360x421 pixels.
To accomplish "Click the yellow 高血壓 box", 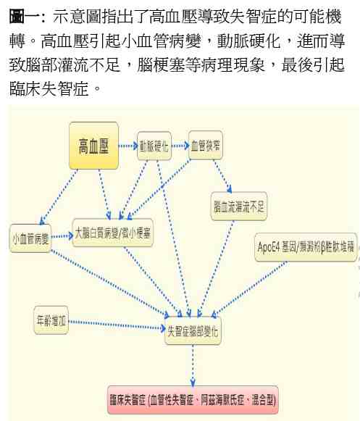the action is click(93, 146).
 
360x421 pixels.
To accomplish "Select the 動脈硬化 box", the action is click(154, 146).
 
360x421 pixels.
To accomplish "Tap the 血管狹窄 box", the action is click(206, 145).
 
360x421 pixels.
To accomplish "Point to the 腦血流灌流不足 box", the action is click(238, 207).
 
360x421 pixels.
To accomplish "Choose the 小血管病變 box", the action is click(30, 238).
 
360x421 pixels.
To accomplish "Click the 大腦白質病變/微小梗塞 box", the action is click(113, 233).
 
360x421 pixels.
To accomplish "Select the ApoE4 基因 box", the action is click(306, 247).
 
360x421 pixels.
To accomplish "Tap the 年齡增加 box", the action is click(51, 320).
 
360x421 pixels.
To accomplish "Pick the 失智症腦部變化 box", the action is click(193, 330).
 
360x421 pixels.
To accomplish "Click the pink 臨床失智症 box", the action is click(193, 400).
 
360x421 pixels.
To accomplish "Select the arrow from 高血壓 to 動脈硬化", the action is click(128, 146).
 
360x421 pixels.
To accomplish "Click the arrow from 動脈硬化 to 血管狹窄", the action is click(180, 146).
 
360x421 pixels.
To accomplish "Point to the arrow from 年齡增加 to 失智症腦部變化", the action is click(117, 325).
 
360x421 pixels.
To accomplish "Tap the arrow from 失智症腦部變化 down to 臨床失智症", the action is click(193, 366).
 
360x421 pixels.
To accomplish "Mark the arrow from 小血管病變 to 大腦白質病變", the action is click(62, 236).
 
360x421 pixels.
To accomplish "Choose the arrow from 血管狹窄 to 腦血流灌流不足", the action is click(222, 176).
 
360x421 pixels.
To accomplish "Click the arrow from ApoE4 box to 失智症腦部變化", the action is click(249, 289).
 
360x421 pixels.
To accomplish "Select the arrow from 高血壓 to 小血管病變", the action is click(59, 197).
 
